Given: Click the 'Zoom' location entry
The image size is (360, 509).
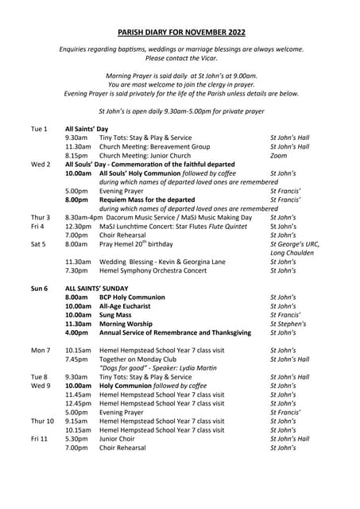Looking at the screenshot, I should click(279, 156).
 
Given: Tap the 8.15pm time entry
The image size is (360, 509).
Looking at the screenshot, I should click(77, 156).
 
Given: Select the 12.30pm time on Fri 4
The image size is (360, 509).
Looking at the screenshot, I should click(79, 226).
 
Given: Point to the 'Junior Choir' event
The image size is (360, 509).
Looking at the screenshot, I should click(118, 437).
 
